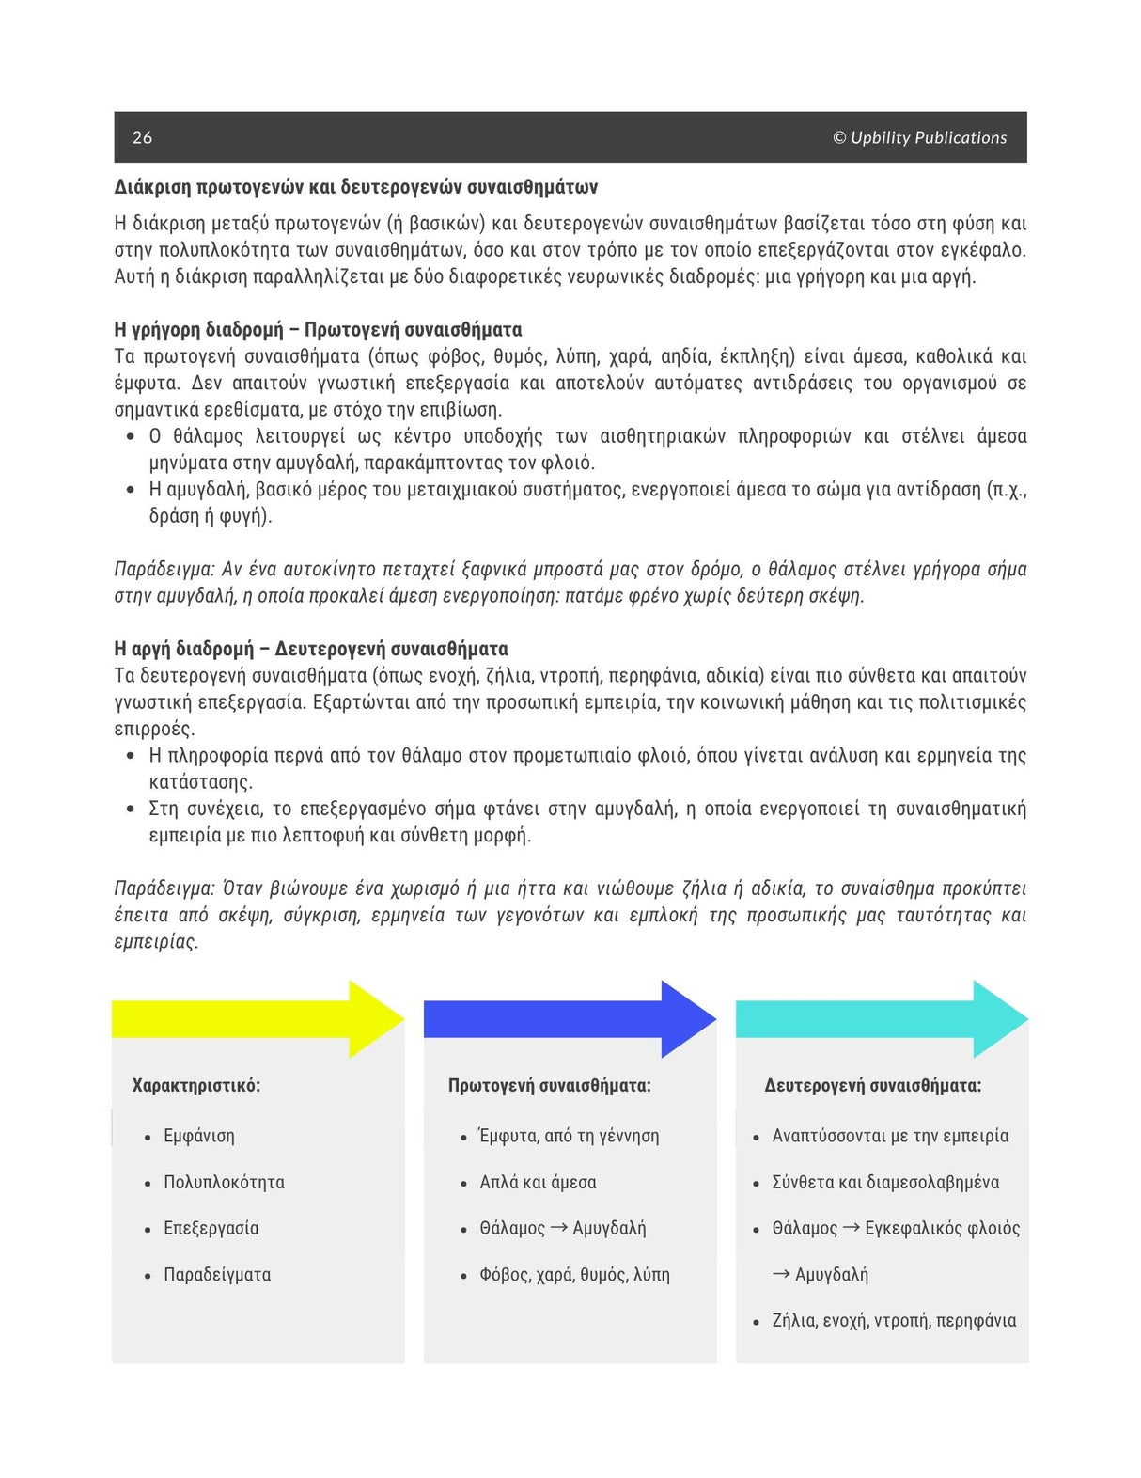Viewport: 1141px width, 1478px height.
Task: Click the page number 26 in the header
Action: (142, 137)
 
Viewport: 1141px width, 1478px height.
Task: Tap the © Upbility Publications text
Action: (919, 137)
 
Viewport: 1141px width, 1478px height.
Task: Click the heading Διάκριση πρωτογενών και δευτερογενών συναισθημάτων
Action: (355, 187)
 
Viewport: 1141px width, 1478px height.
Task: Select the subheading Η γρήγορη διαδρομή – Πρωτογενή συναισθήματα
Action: (318, 329)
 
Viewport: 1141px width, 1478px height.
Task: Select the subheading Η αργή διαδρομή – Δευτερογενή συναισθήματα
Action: (310, 649)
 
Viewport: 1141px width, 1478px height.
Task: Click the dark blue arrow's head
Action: (690, 1019)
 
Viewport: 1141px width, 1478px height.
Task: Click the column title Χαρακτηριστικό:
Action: (196, 1085)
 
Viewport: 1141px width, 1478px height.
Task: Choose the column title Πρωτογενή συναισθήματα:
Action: (549, 1085)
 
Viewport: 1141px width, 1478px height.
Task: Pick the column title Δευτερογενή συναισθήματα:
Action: (872, 1085)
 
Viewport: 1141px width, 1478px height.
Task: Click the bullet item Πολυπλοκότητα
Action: (224, 1182)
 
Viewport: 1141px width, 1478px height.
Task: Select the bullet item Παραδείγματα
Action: (217, 1275)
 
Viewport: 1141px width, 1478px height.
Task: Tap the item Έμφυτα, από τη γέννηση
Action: (569, 1136)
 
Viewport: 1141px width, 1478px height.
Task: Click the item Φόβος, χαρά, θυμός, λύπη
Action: (574, 1275)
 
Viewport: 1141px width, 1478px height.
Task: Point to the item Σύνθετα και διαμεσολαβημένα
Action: (885, 1182)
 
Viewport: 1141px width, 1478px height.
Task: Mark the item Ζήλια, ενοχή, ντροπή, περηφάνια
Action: (894, 1321)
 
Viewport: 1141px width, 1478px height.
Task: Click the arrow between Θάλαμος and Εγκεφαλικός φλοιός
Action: (851, 1227)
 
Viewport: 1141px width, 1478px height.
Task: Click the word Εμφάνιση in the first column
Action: (199, 1136)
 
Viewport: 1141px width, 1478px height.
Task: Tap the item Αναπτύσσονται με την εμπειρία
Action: (890, 1136)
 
